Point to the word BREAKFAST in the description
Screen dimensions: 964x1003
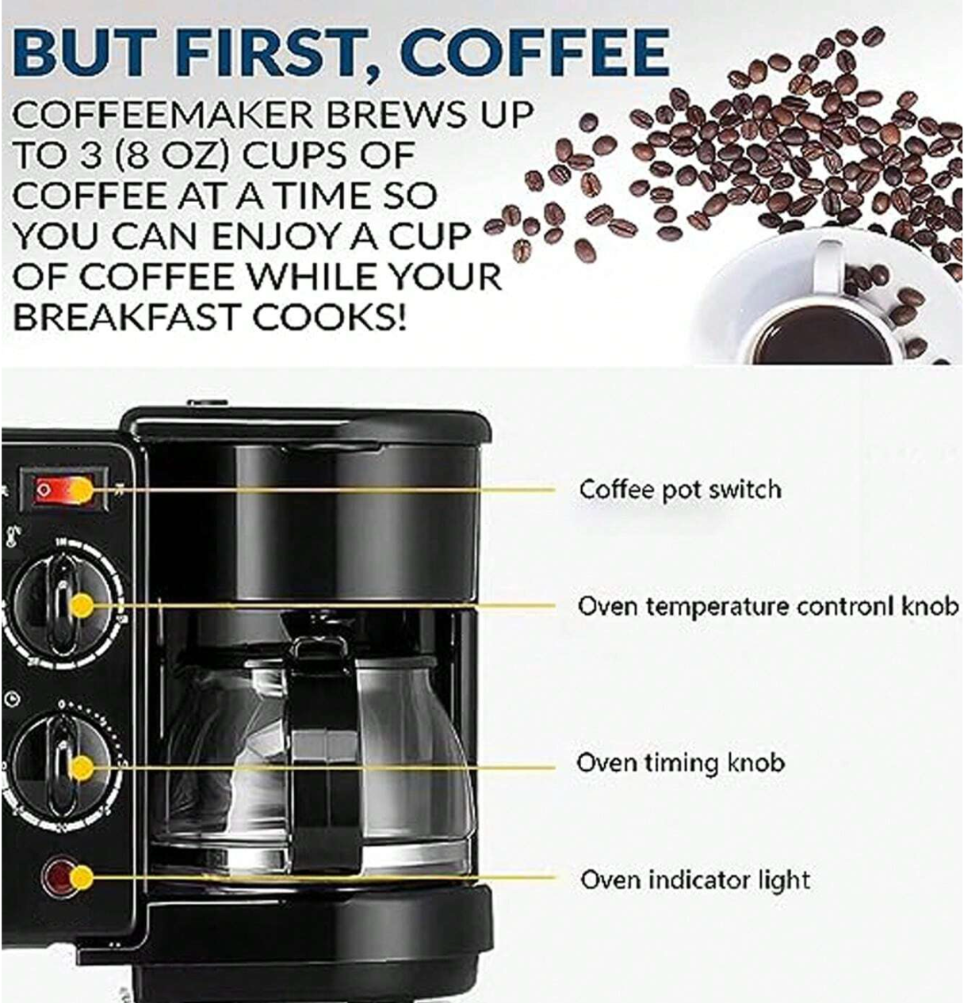[128, 316]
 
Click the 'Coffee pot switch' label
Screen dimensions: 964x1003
[680, 489]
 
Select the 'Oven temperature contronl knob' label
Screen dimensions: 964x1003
[768, 606]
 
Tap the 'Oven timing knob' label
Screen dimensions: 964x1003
[681, 763]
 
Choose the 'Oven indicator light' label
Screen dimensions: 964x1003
[694, 879]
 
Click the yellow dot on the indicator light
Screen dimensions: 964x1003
[80, 878]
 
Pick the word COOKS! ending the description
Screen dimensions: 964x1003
[329, 316]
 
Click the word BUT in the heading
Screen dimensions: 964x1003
[86, 54]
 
